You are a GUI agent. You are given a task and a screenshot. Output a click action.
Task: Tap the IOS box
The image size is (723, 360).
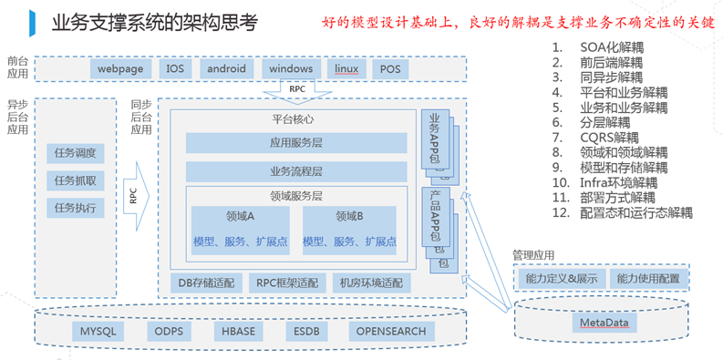(175, 68)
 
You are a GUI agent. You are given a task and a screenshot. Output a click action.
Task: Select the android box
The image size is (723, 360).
(226, 68)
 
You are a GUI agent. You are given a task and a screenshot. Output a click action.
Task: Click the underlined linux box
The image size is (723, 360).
(346, 68)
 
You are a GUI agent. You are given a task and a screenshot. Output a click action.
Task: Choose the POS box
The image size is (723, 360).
(390, 68)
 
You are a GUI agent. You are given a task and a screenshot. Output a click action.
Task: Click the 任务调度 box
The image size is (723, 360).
(75, 153)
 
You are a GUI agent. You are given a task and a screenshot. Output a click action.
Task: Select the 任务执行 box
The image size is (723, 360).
(75, 208)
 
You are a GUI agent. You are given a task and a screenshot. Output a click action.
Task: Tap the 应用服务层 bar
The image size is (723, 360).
(295, 143)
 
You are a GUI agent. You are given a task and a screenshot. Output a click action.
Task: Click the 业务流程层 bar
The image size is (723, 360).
(295, 171)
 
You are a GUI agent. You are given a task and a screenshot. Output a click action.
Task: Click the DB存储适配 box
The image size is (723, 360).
(207, 283)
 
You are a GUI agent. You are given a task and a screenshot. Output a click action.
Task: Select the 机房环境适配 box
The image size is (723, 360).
(370, 283)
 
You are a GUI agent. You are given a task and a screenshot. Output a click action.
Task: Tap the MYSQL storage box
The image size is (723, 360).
(98, 332)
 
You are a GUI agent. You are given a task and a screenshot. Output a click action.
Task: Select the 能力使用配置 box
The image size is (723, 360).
(647, 278)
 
